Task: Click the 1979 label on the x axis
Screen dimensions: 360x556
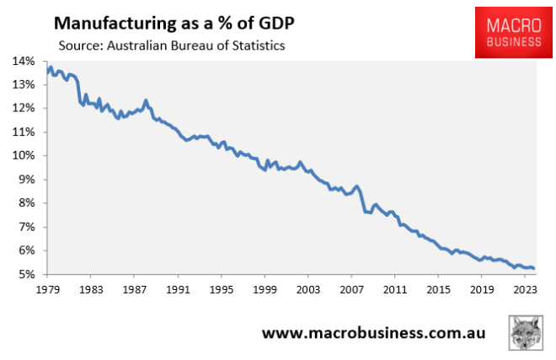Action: click(x=47, y=290)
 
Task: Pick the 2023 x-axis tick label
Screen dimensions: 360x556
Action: click(x=525, y=290)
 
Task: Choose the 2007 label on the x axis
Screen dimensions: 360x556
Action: click(x=351, y=290)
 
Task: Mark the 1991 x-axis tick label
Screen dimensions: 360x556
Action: click(x=178, y=290)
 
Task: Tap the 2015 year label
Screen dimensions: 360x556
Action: click(x=438, y=290)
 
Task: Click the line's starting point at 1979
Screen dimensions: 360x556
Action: click(x=47, y=72)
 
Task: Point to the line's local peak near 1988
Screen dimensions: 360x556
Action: click(x=146, y=100)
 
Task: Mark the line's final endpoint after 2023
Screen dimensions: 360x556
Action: click(x=534, y=269)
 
